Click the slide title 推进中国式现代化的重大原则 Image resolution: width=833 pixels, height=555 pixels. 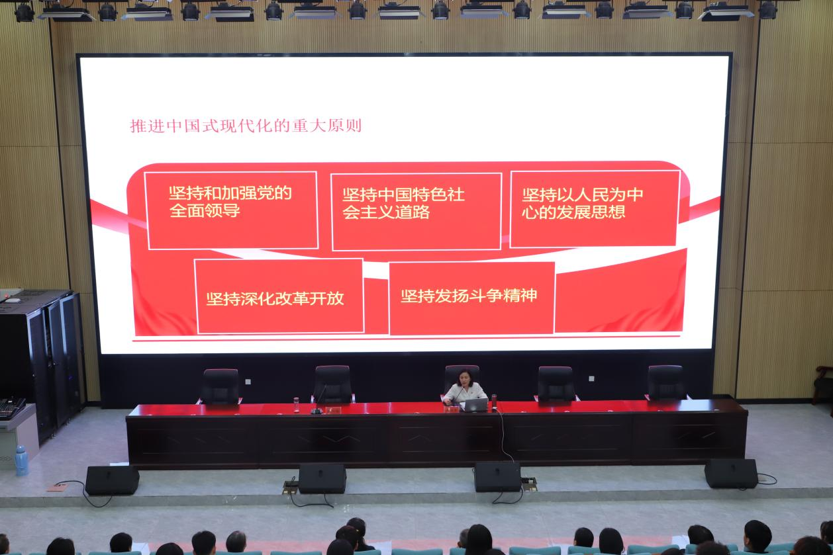coord(246,126)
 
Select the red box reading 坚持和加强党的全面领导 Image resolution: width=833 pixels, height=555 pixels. coord(231,210)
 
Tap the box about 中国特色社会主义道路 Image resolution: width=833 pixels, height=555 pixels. coord(416,212)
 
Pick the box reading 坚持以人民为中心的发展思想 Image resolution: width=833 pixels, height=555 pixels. coord(595,209)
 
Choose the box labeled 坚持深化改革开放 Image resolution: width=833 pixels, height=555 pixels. coord(279,296)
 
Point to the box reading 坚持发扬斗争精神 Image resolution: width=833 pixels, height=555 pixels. coord(472,298)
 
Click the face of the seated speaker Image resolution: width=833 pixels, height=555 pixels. coord(465,380)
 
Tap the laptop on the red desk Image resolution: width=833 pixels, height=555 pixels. coord(475,405)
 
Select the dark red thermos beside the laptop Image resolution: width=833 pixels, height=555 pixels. coord(494,402)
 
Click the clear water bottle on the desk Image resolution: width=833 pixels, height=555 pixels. coord(296,405)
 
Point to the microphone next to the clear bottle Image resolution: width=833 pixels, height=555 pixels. coord(318,400)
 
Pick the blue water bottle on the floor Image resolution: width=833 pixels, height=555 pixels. coord(22,460)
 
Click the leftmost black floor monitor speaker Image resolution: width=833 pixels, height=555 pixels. coord(113,480)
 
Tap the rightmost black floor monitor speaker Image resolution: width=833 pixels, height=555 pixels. coord(731,473)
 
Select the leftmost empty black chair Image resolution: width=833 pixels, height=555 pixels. coord(220,386)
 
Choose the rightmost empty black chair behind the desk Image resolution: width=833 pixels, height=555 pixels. coord(666,382)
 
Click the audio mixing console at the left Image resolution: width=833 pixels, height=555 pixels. coord(12,407)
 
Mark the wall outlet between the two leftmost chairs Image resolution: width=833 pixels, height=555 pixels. coord(248,382)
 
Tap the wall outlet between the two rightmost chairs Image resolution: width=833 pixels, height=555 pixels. coord(592,379)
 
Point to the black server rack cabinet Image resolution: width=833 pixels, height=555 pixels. coord(41,361)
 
